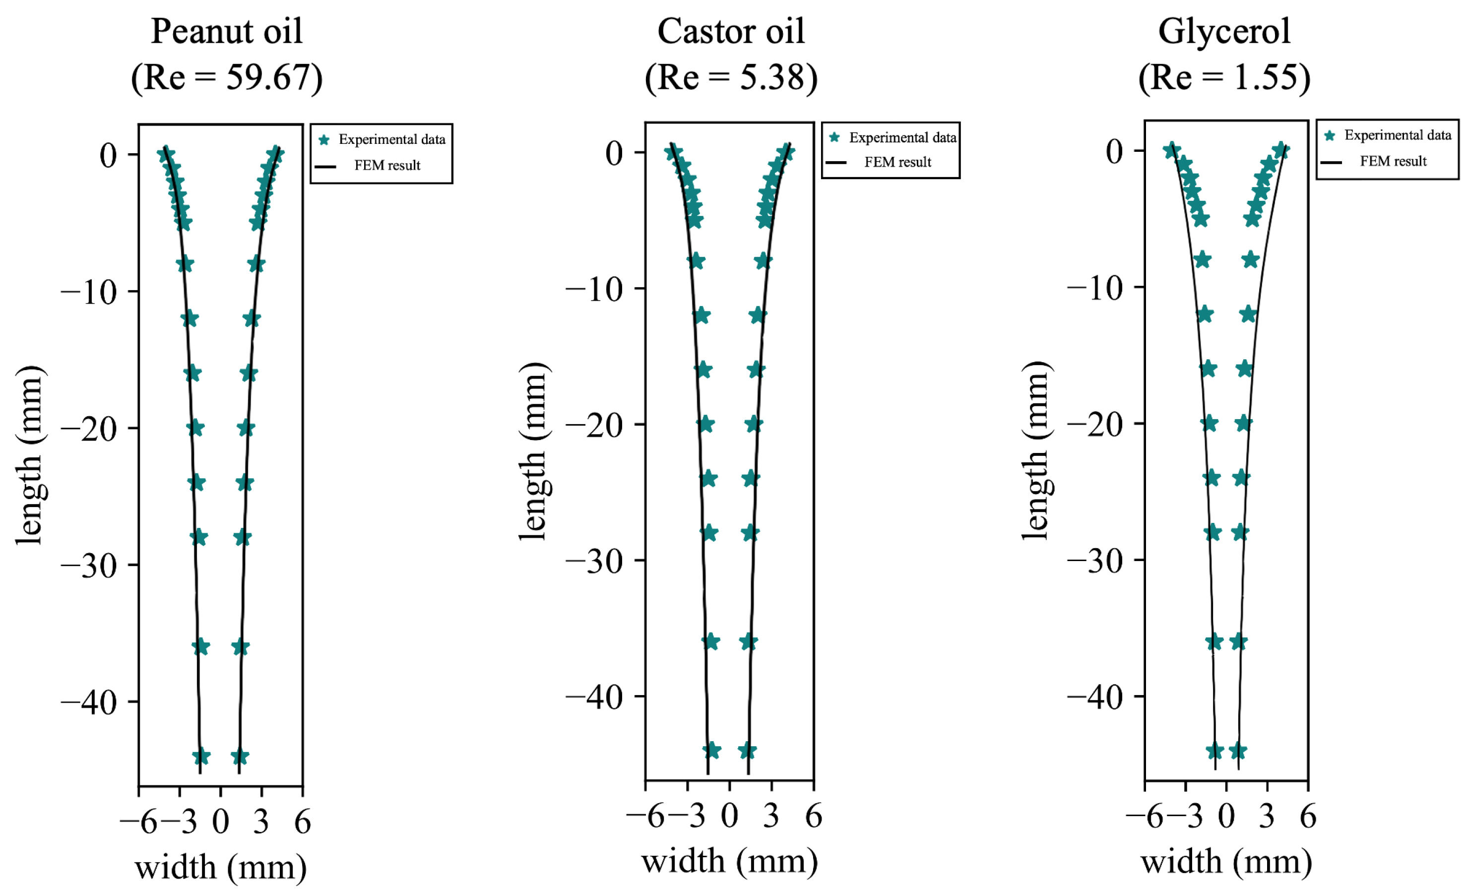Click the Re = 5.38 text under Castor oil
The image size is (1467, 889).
[x=731, y=77]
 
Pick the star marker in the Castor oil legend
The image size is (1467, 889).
[x=835, y=137]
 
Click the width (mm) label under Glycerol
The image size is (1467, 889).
[x=1226, y=862]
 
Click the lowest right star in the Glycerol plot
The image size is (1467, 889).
[x=1238, y=751]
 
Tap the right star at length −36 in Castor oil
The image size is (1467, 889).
[x=749, y=642]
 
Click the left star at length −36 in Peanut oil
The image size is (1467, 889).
[x=200, y=646]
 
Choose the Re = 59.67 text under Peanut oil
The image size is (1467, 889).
[x=226, y=77]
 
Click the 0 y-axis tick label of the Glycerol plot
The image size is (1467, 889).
[x=1115, y=151]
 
